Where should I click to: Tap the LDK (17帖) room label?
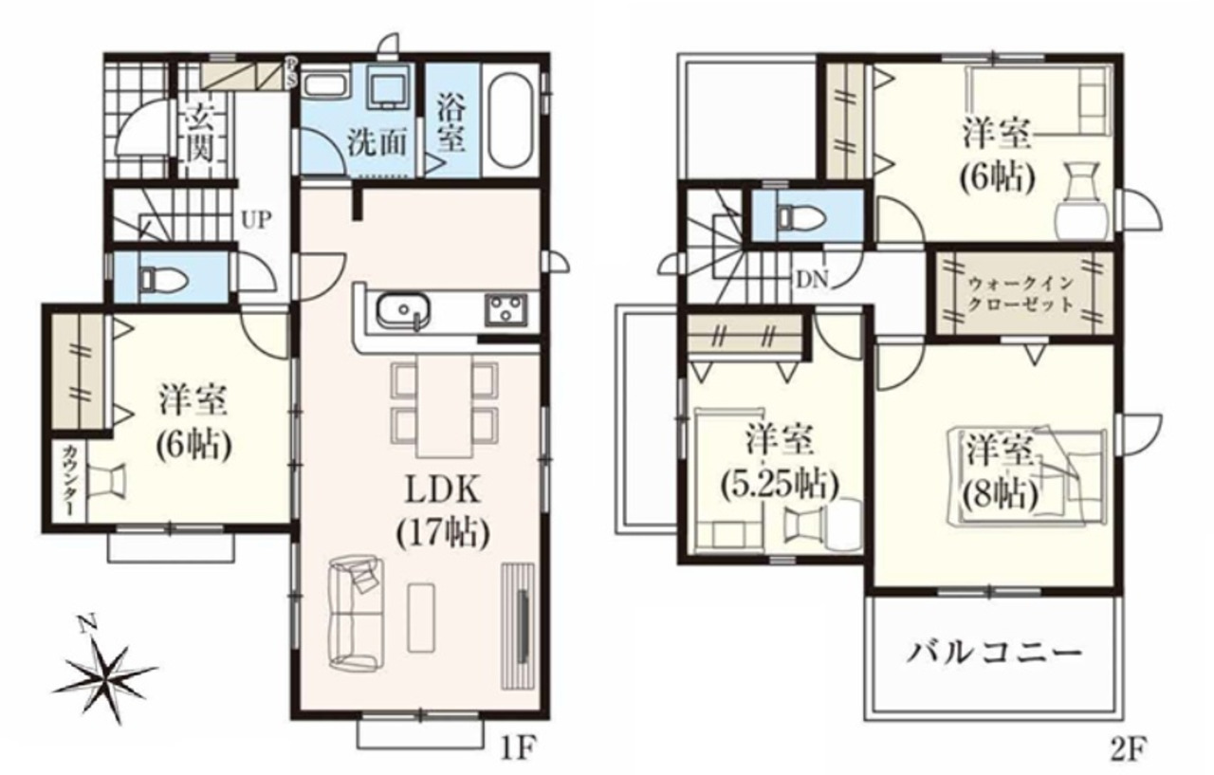(x=443, y=512)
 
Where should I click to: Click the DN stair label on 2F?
(x=812, y=280)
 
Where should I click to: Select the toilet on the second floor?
(x=800, y=217)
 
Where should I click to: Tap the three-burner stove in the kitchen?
(x=506, y=310)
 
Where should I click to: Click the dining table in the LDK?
(x=444, y=406)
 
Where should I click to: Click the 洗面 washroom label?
(x=377, y=143)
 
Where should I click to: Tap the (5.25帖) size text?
(x=779, y=486)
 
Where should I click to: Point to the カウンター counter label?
(x=69, y=480)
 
